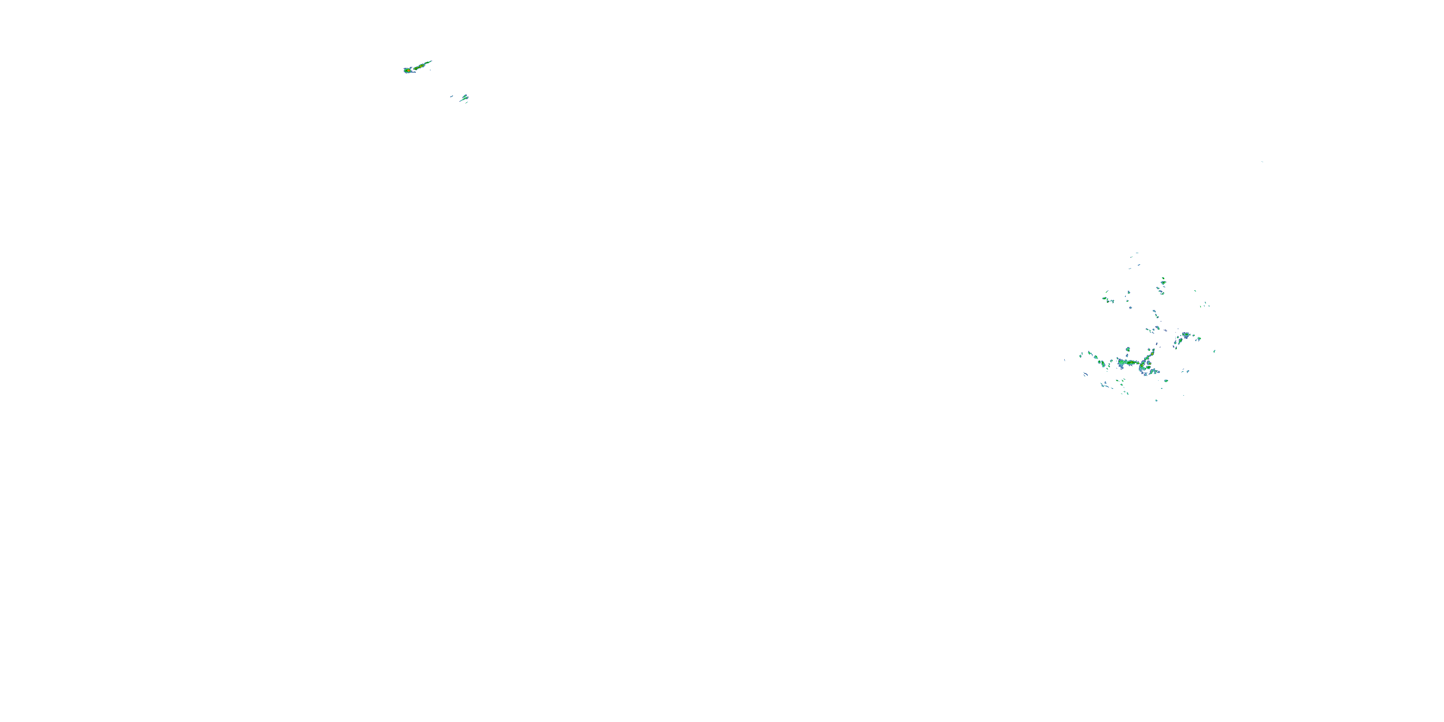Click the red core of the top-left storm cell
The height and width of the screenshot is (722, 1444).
(x=406, y=70)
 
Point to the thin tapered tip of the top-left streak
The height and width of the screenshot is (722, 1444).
(x=430, y=62)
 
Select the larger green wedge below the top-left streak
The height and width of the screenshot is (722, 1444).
(x=464, y=98)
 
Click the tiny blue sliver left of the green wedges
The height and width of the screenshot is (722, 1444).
(x=451, y=96)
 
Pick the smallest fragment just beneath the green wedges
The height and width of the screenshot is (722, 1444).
(x=466, y=103)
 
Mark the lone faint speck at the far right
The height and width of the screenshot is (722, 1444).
(x=1262, y=162)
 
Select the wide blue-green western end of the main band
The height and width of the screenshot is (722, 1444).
(x=1121, y=363)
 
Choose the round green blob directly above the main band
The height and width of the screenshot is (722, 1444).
(x=1127, y=349)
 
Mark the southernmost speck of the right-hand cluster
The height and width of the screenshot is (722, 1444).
(x=1156, y=400)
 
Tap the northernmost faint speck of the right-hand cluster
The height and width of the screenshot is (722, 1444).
(x=1137, y=253)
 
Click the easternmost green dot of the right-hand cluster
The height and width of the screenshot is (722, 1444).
(x=1214, y=351)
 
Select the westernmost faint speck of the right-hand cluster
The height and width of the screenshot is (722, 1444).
(x=1065, y=360)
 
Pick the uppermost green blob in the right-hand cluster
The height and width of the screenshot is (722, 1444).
(x=1163, y=279)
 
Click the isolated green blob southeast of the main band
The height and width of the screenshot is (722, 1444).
(x=1166, y=381)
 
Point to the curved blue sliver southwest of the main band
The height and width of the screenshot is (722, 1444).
(x=1085, y=374)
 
